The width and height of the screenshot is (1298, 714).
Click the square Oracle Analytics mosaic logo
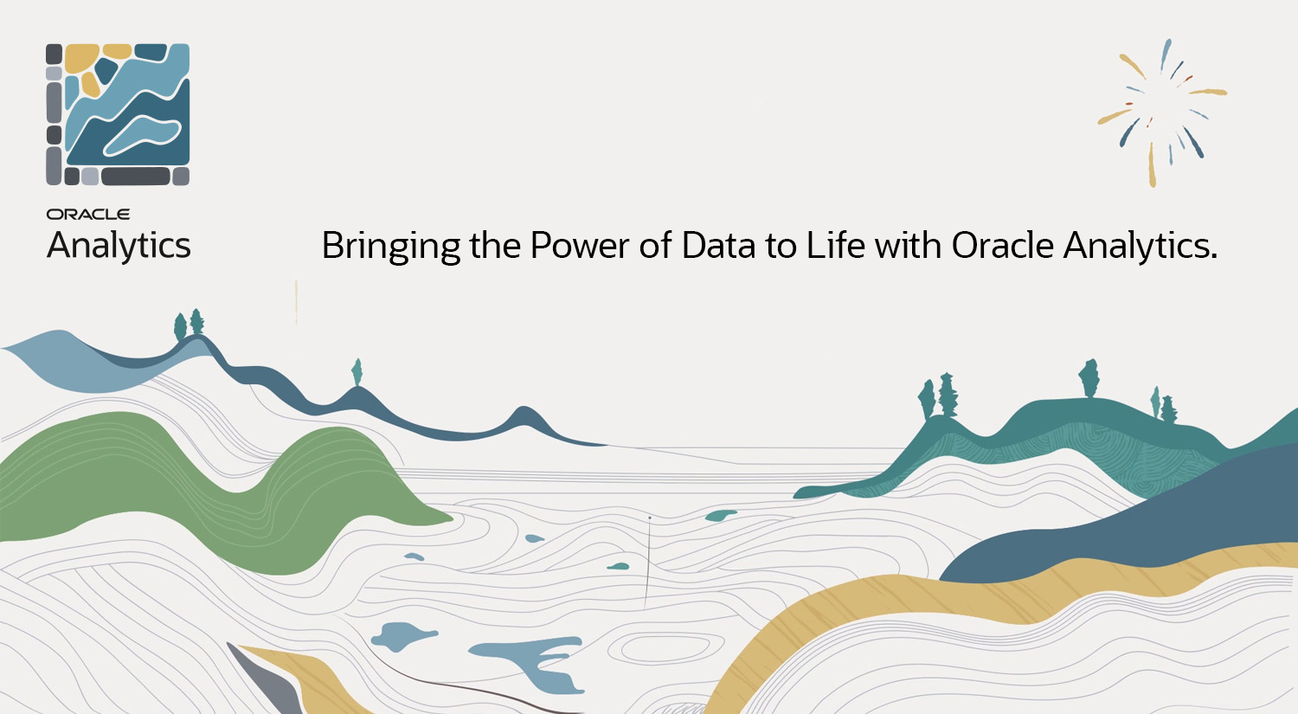(118, 114)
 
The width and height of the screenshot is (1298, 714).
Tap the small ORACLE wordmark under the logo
(88, 215)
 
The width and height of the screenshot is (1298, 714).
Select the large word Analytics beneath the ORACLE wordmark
(119, 246)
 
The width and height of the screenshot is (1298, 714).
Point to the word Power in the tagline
(580, 246)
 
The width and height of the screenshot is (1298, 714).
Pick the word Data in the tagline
(718, 246)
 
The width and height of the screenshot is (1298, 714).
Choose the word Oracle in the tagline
(1002, 246)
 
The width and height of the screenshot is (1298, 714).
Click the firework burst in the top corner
(1161, 113)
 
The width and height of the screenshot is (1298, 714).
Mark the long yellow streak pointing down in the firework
(1152, 165)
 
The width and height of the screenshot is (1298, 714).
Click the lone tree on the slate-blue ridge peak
(357, 372)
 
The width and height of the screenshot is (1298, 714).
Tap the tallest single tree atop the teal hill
(1089, 378)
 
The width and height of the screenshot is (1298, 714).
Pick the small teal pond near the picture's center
(721, 515)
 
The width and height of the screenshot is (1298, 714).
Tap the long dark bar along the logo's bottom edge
(136, 177)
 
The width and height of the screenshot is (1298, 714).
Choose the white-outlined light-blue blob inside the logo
(142, 135)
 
